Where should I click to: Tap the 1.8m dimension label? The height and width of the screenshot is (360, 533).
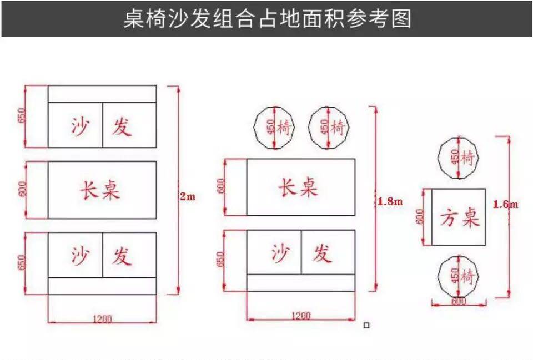click(390, 202)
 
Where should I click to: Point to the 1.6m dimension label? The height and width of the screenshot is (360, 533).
click(505, 204)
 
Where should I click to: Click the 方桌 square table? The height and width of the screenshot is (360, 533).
click(459, 217)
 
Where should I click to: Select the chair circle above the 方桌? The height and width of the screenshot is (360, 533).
click(459, 159)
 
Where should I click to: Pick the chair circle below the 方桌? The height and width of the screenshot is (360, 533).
click(459, 276)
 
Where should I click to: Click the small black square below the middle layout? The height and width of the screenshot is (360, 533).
click(366, 325)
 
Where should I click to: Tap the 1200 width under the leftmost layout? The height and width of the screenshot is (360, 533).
click(102, 318)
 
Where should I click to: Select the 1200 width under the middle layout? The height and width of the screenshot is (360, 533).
click(300, 316)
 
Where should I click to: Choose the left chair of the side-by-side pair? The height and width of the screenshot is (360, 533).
click(275, 128)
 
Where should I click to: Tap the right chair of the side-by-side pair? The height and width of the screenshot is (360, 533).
click(329, 128)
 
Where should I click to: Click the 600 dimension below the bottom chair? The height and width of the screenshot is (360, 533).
click(458, 301)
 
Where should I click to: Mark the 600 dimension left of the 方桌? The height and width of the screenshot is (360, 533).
click(421, 216)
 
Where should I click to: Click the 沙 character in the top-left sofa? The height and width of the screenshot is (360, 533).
click(80, 126)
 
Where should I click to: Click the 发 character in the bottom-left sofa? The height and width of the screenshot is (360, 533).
click(122, 256)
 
